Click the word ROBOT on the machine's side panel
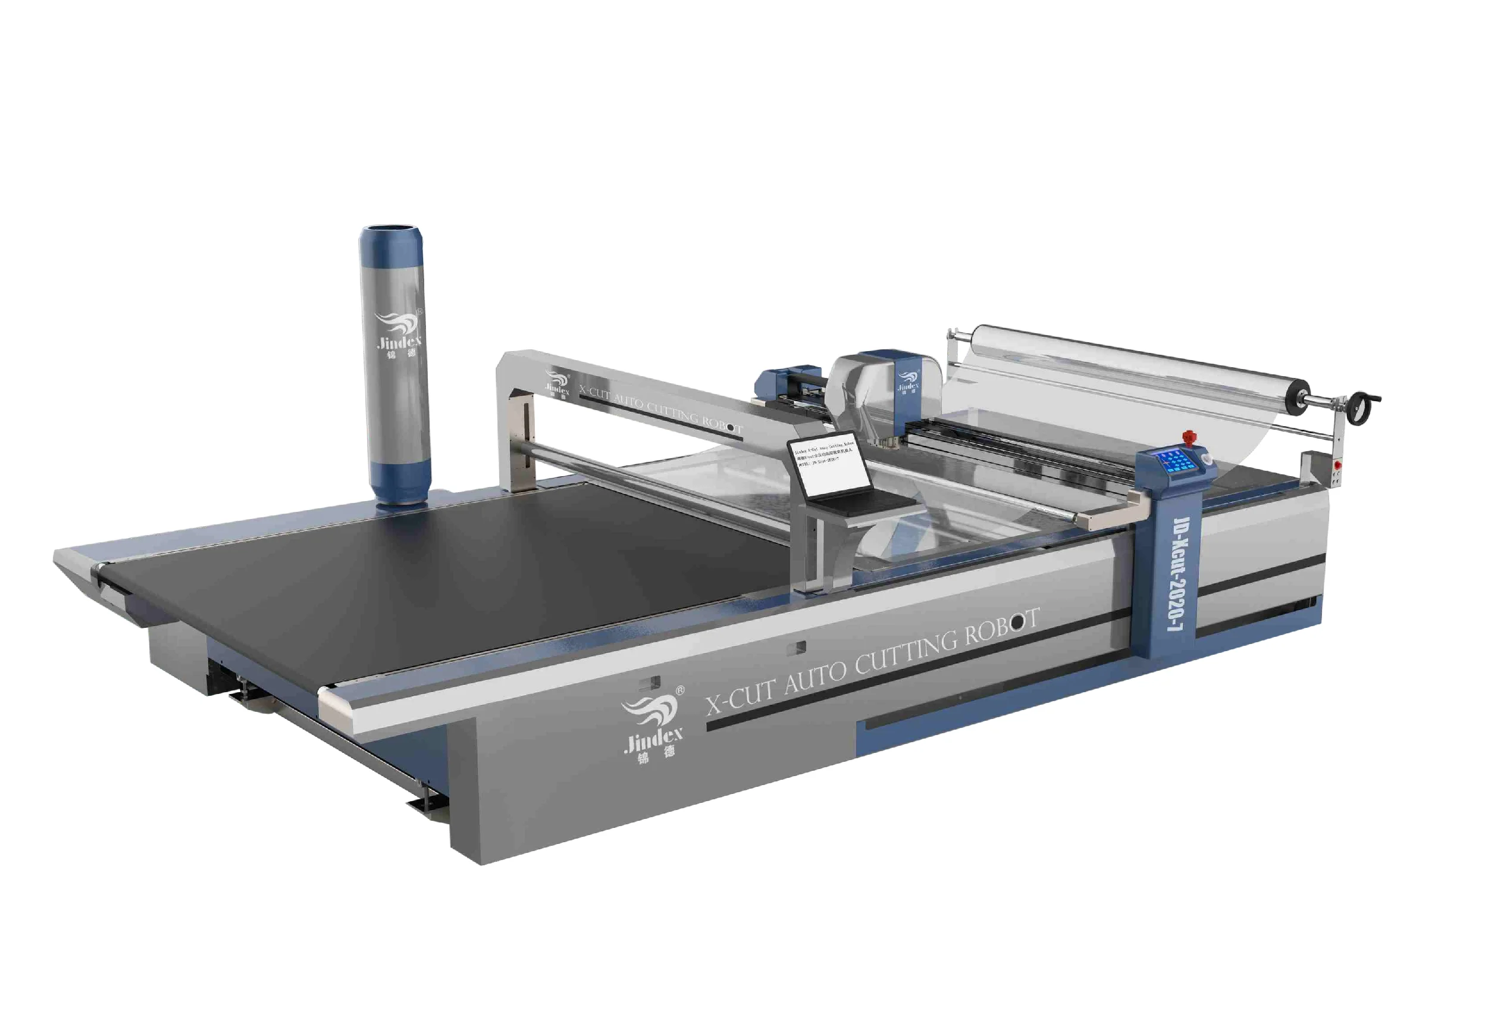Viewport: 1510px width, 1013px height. click(1001, 627)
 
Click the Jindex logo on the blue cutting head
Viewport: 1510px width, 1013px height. click(908, 381)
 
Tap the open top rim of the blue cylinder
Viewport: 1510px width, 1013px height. click(391, 230)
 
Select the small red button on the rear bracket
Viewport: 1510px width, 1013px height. click(1337, 464)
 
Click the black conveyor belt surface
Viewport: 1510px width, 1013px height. click(452, 581)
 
